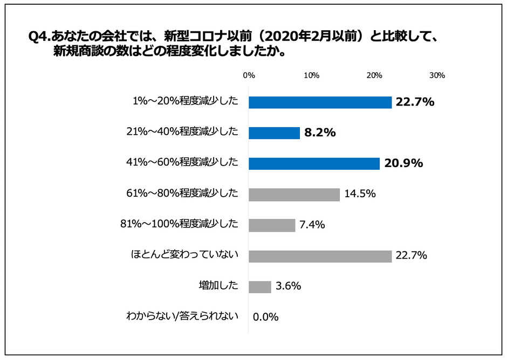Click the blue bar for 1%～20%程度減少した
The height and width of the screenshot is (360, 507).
tap(320, 102)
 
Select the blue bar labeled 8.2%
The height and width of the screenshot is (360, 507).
tap(274, 133)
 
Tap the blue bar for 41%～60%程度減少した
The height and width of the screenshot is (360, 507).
tap(314, 163)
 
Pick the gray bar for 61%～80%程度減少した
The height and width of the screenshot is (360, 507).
tap(294, 195)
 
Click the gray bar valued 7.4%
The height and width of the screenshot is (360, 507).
tap(272, 225)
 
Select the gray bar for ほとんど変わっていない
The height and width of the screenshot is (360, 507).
tap(320, 257)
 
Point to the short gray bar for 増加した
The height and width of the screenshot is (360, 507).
tap(260, 287)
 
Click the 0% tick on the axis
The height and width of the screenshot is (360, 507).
tap(249, 75)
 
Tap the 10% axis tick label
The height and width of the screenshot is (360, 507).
tap(312, 75)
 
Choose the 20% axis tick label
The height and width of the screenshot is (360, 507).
tap(374, 75)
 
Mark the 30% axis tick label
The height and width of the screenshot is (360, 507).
tap(437, 75)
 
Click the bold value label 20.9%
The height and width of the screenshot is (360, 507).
tap(403, 163)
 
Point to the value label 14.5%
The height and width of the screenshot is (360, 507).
tap(360, 194)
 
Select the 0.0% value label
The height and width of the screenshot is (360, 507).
tap(265, 317)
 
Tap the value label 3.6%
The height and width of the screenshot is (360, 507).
tap(288, 286)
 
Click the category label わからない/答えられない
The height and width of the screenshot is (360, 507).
tap(182, 316)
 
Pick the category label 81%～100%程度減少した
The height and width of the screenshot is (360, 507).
tap(179, 224)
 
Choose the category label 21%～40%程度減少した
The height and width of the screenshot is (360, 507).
tap(182, 131)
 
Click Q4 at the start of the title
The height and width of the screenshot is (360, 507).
tap(38, 37)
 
